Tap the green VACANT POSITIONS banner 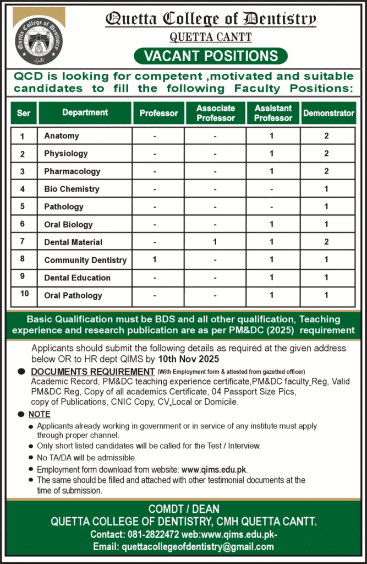point(211,56)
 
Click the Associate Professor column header point(216,113)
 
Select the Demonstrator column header point(328,113)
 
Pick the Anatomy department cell point(62,135)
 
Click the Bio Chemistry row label point(72,189)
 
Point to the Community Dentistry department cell point(85,260)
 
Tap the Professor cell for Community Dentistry point(156,259)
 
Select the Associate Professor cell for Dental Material point(215,242)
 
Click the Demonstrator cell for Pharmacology point(326,171)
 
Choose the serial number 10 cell point(24,294)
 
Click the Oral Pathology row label point(73,295)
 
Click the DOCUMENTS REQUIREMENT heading point(93,372)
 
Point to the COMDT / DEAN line point(183,509)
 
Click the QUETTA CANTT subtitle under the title point(211,37)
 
